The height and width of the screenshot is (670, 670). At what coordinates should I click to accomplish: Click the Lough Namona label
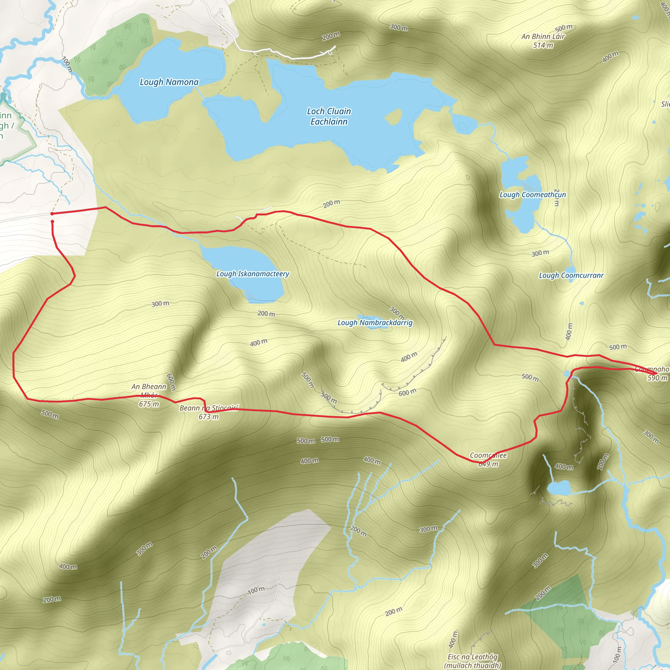pos(169,82)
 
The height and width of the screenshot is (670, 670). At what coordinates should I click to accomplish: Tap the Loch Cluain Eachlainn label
pos(329,116)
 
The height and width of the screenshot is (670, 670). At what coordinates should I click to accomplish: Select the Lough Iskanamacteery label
pos(253,274)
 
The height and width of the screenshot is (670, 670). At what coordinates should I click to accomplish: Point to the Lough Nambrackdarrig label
pos(375,323)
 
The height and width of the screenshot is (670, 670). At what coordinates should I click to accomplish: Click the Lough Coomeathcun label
pos(532,195)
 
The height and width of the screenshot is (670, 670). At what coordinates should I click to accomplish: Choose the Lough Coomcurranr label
pos(571,276)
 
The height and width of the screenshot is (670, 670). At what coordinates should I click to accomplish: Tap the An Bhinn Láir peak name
pos(543,36)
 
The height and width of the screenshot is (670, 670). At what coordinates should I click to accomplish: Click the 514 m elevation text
pos(543,45)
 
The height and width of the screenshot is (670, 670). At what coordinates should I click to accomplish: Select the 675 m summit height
pos(149,404)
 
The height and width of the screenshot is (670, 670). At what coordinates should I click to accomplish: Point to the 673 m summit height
pos(208,417)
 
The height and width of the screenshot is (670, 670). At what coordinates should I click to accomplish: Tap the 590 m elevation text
pos(657,378)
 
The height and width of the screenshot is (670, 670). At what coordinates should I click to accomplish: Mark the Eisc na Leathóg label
pos(472,657)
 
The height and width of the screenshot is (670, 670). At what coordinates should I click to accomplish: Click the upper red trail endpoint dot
pos(52,214)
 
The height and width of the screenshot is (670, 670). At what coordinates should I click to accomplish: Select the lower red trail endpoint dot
pos(52,221)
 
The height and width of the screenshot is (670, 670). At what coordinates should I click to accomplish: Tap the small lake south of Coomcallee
pos(559,489)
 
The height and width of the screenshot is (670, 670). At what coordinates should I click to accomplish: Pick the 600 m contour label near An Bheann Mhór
pos(171,382)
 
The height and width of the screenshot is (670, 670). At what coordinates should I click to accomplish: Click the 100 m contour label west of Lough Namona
pos(67,64)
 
